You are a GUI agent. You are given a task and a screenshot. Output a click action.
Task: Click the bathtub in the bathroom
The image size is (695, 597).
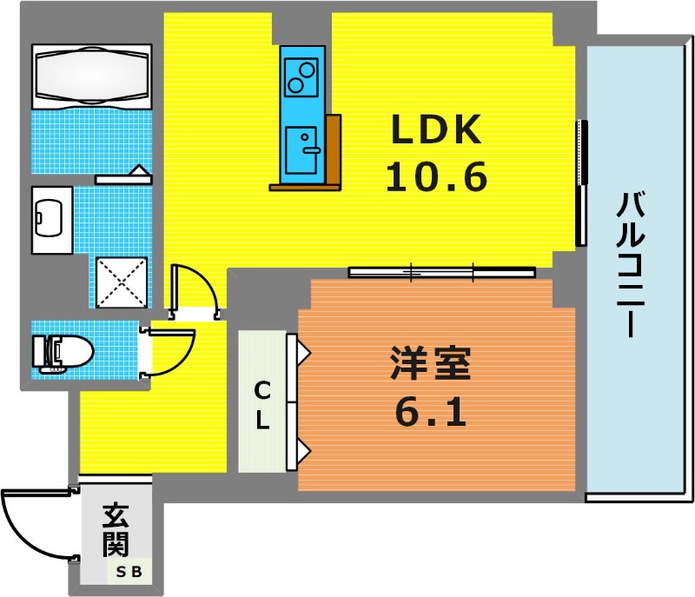point(92,76)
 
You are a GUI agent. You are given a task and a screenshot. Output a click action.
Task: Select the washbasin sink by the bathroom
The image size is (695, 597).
point(52,220)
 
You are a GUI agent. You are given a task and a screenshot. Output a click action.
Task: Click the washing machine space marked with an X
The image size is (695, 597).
point(122,282)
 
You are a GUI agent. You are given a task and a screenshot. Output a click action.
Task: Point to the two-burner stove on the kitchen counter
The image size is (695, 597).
point(301,78)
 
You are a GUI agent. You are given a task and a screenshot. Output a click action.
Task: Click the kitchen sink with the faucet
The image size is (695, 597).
point(301,150)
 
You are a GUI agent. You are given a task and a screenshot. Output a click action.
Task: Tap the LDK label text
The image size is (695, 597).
point(436,129)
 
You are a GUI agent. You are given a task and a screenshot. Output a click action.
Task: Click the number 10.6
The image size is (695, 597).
point(437,176)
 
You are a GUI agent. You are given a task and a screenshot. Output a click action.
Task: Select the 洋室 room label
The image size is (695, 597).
point(430,363)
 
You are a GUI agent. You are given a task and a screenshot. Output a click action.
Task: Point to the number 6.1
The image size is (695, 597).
point(431,412)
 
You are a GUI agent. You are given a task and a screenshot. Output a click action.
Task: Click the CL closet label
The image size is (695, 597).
point(262,405)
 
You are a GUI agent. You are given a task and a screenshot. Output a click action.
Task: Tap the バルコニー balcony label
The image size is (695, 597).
point(631,264)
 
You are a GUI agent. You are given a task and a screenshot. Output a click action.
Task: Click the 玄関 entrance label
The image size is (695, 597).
point(116,530)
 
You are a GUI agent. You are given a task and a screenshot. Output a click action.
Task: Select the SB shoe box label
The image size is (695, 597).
point(129,572)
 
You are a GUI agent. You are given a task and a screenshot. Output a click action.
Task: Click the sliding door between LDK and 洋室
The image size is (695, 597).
point(442,272)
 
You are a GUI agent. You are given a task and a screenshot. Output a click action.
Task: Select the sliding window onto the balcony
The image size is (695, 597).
point(581,183)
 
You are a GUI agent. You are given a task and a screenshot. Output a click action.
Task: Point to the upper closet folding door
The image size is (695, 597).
point(297,368)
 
